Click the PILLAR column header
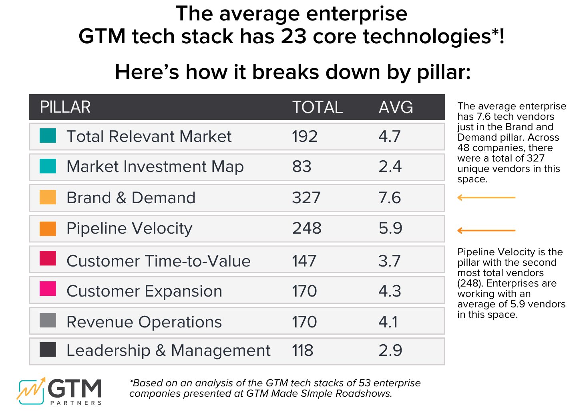[65, 107]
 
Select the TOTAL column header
[317, 107]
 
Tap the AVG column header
[396, 107]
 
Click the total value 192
[305, 136]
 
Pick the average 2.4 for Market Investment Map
[390, 166]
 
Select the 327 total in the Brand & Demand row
[306, 198]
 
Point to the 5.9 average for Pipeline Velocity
[390, 228]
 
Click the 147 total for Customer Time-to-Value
[304, 261]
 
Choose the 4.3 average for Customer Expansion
[390, 291]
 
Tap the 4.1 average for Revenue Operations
[388, 322]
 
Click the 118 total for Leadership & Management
[303, 350]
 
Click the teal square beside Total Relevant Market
[48, 135]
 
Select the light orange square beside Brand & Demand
[48, 197]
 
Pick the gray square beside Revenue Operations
[48, 321]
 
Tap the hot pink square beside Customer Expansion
[48, 289]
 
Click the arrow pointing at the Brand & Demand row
[486, 198]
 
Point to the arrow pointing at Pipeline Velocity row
[486, 230]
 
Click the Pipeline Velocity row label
[129, 228]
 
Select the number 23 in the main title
[294, 36]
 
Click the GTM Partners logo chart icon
[31, 391]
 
